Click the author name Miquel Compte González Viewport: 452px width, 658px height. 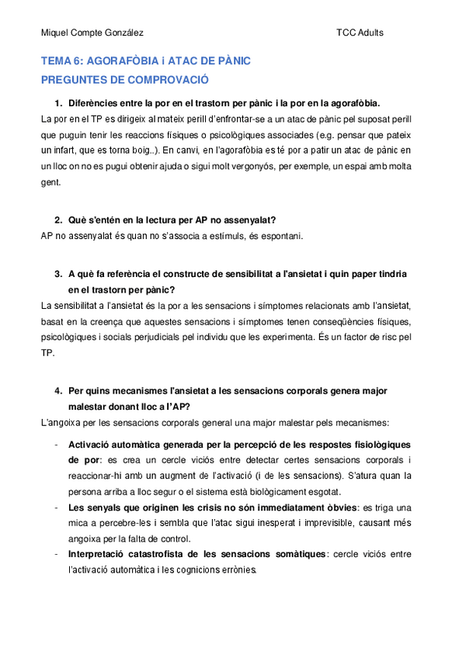[x=92, y=33]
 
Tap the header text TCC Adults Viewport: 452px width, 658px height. [x=360, y=33]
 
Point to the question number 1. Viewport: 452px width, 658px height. [x=58, y=103]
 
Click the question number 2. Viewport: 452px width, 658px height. [x=58, y=220]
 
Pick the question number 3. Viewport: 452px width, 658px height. [x=58, y=274]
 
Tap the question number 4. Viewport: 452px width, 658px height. [x=58, y=391]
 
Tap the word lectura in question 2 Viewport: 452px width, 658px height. [x=151, y=220]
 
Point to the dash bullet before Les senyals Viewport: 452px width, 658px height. [x=55, y=507]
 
